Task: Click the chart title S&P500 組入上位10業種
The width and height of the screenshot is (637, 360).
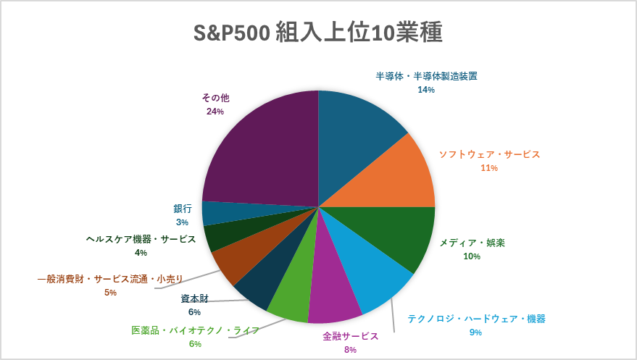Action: click(x=317, y=33)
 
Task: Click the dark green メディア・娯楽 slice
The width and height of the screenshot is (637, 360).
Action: click(x=399, y=235)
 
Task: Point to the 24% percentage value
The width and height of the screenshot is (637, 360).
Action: click(x=215, y=112)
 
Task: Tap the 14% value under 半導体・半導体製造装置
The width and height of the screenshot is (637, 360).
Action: click(x=426, y=89)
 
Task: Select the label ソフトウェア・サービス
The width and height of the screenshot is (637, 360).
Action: click(x=490, y=154)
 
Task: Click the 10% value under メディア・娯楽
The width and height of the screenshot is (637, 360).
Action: click(x=471, y=256)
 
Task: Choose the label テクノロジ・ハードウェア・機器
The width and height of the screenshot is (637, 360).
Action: click(x=476, y=319)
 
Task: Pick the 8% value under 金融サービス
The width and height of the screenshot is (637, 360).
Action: click(x=351, y=349)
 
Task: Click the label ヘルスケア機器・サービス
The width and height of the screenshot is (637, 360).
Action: click(x=141, y=239)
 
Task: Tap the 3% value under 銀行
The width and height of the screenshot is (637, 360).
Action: click(x=182, y=222)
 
